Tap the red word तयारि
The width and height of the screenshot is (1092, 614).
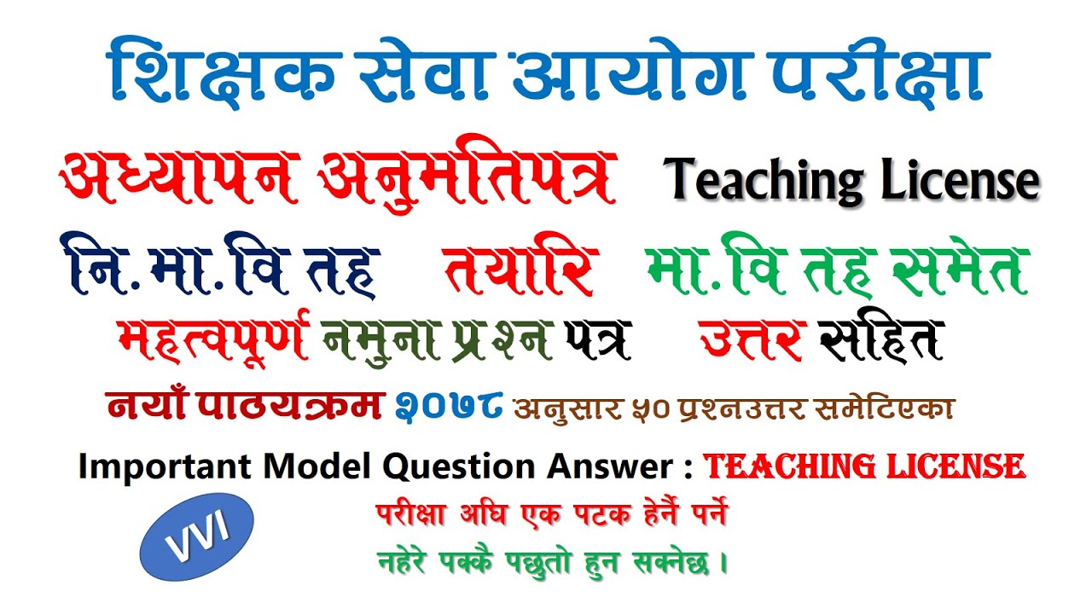(519, 269)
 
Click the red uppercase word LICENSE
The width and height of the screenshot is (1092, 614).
(947, 466)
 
